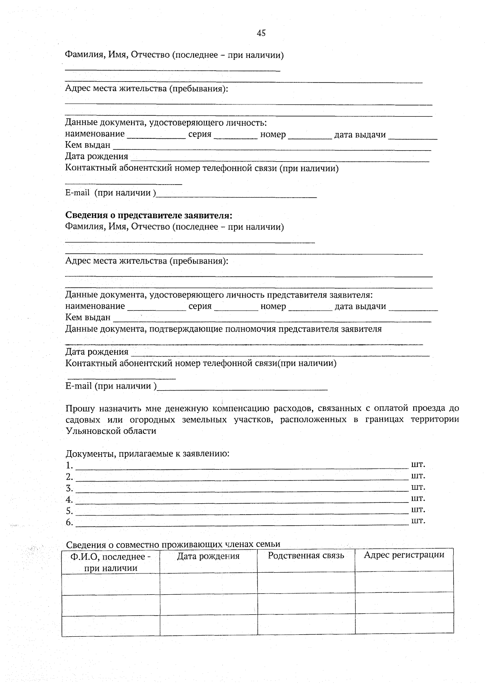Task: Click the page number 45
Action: (x=261, y=33)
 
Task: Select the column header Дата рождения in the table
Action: (x=208, y=556)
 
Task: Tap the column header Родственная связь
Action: (x=306, y=555)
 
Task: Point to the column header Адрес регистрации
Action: (x=404, y=555)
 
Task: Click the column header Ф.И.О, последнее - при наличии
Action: (x=111, y=562)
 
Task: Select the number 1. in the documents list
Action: (x=69, y=466)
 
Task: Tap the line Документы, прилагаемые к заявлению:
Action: (x=147, y=453)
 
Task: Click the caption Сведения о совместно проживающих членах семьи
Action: (x=173, y=544)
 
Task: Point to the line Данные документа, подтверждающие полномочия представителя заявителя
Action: (x=223, y=329)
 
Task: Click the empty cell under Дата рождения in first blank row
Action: (x=208, y=583)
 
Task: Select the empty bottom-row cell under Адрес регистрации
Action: (x=404, y=623)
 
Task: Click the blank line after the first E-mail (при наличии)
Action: (x=237, y=196)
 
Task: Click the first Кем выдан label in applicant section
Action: (x=88, y=145)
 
